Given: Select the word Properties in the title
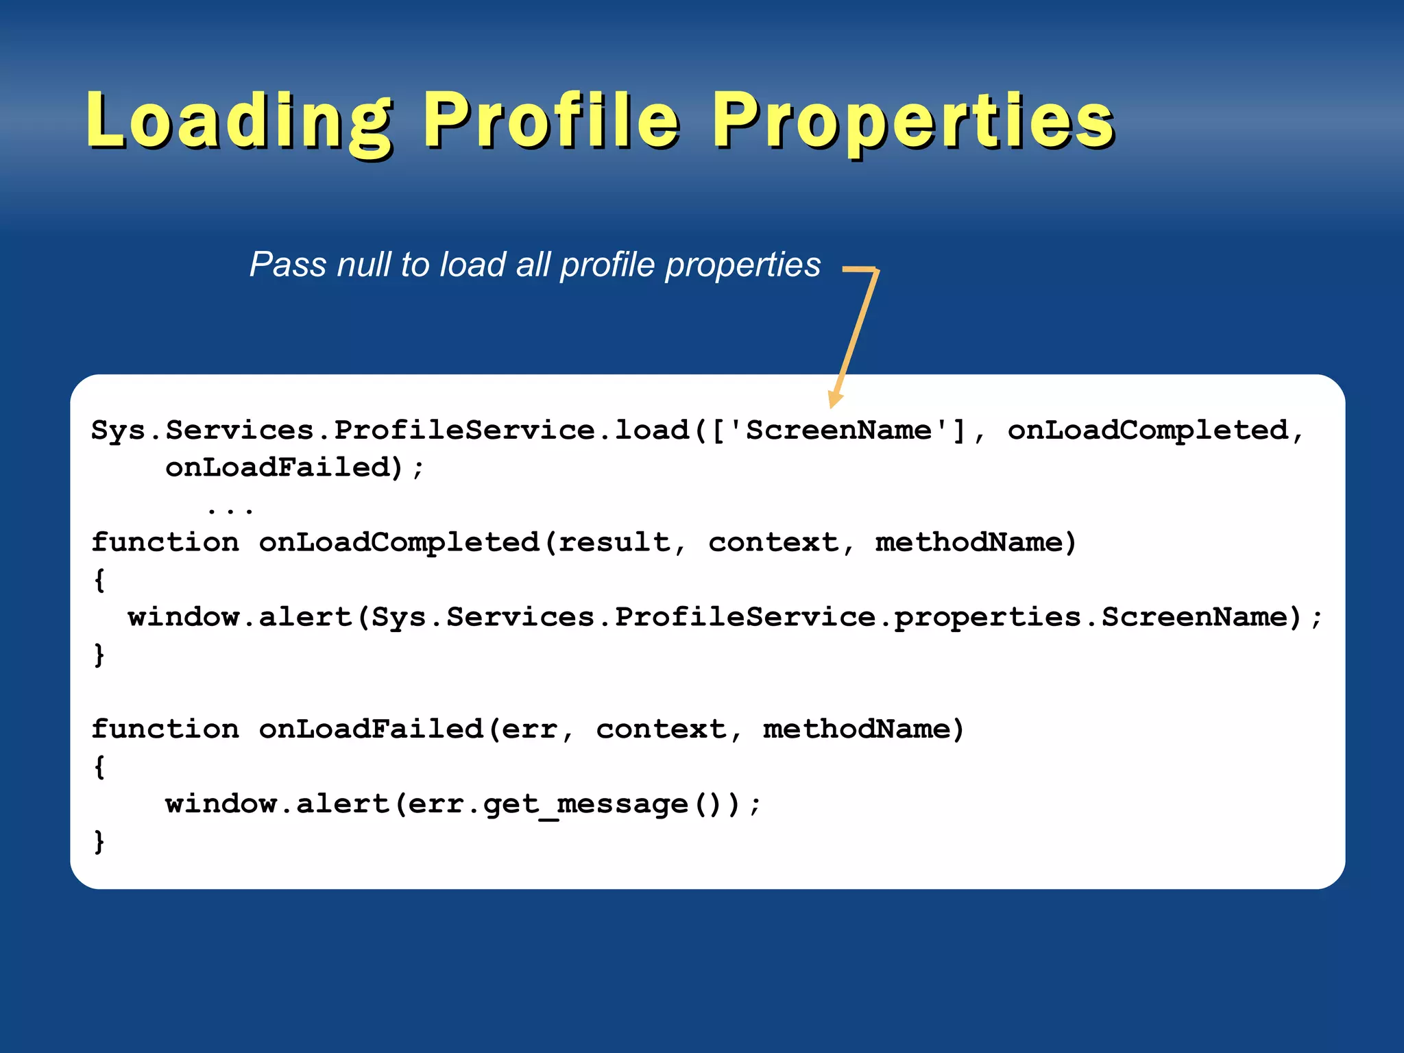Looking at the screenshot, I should pos(914,122).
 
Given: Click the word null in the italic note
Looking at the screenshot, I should pos(364,265).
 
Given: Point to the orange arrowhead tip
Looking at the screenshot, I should pos(832,407).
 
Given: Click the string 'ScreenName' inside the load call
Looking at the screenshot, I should pos(838,431).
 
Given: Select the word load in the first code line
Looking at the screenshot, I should pos(651,431).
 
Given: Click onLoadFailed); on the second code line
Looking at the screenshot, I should pos(294,468).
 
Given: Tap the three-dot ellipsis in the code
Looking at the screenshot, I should pos(230,509).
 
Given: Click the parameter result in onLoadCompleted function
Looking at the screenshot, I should pos(614,543).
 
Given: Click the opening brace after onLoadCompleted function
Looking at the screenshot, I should pos(99,580).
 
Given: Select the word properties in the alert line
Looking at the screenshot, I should pos(987,618).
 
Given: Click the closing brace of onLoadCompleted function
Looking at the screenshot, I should pos(99,655).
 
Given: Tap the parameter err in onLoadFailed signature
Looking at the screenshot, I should pos(529,729).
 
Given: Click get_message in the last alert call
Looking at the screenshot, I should pos(585,804).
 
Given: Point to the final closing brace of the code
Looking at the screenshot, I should pos(99,841).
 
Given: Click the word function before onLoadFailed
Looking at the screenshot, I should pos(165,729).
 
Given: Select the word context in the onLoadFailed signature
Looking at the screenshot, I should pos(661,729).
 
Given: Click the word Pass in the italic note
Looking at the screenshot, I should pos(288,265).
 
